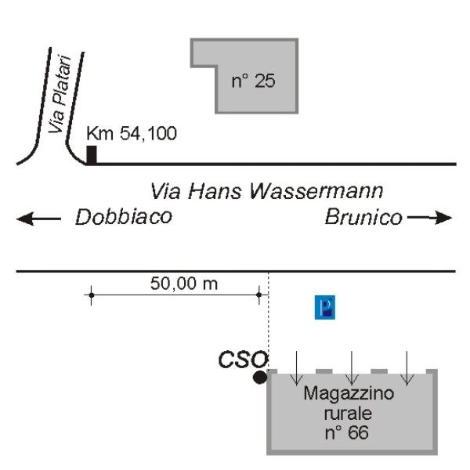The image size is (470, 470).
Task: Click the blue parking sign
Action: pyautogui.click(x=324, y=307)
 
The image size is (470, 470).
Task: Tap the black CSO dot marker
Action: pyautogui.click(x=259, y=377)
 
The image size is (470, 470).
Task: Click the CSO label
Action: pyautogui.click(x=243, y=359)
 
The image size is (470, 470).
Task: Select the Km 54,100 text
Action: pyautogui.click(x=132, y=133)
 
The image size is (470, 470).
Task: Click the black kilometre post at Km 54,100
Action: pyautogui.click(x=92, y=155)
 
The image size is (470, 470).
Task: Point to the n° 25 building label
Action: pyautogui.click(x=253, y=81)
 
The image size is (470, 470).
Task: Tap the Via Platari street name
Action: pyautogui.click(x=60, y=95)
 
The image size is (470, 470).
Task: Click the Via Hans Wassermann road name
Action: pyautogui.click(x=266, y=191)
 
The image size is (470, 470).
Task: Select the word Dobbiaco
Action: pyautogui.click(x=124, y=217)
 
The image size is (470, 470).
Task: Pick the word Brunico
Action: pyautogui.click(x=363, y=217)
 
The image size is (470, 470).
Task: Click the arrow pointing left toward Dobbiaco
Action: pyautogui.click(x=38, y=219)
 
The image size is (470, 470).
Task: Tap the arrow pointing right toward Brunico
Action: pyautogui.click(x=429, y=218)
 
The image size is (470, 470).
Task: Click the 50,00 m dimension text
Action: pyautogui.click(x=184, y=284)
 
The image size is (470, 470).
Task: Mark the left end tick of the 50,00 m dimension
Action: pyautogui.click(x=92, y=295)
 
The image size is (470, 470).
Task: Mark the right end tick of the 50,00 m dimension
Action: pyautogui.click(x=259, y=295)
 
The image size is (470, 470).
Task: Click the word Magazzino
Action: pyautogui.click(x=349, y=393)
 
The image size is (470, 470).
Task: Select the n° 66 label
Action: pyautogui.click(x=346, y=432)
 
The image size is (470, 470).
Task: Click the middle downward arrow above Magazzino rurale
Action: pyautogui.click(x=352, y=368)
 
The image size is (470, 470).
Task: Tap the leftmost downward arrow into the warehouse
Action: pyautogui.click(x=296, y=368)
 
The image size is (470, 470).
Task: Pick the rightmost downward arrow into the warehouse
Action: pyautogui.click(x=407, y=368)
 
